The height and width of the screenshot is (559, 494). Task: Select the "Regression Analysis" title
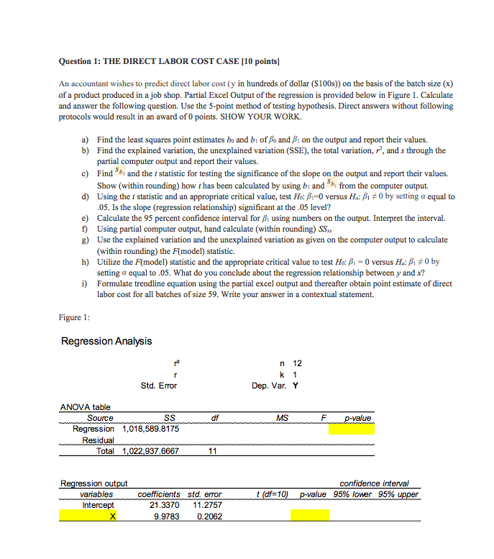(x=106, y=340)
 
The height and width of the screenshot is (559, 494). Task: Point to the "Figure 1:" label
(x=74, y=317)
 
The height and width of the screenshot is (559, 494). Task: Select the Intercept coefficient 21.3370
(x=164, y=505)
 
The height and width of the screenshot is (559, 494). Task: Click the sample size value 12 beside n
(x=296, y=363)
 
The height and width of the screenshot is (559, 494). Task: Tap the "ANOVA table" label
(x=85, y=407)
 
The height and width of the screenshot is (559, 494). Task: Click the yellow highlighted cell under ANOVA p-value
(x=352, y=430)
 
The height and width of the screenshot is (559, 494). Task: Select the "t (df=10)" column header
(x=273, y=494)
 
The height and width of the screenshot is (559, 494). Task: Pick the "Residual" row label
(x=99, y=440)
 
